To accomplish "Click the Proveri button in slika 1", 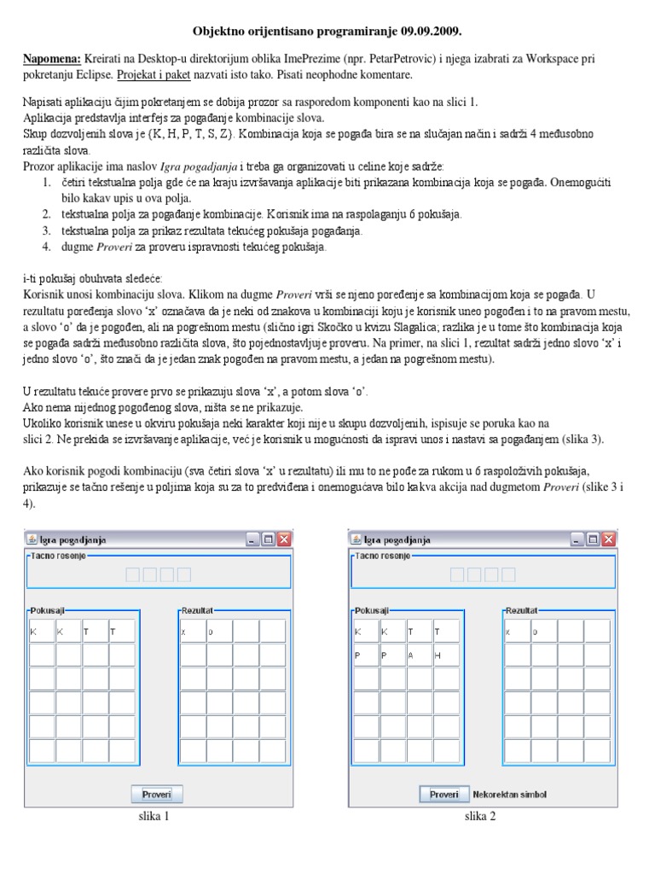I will click(x=157, y=794).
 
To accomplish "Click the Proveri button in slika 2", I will click(x=444, y=794).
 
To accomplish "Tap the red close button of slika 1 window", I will click(x=284, y=539).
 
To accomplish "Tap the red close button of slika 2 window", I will click(x=608, y=539).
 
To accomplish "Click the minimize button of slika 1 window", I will click(x=253, y=539).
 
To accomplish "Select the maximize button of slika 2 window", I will click(x=593, y=539).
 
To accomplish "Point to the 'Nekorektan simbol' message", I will click(x=509, y=795).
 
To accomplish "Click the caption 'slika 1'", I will click(x=154, y=817).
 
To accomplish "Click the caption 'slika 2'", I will click(x=480, y=817).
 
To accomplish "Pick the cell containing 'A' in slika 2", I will click(x=418, y=655).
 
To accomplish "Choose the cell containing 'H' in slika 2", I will click(x=444, y=655).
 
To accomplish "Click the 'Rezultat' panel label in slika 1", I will click(x=197, y=612).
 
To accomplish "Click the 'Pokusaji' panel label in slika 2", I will click(x=373, y=612).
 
